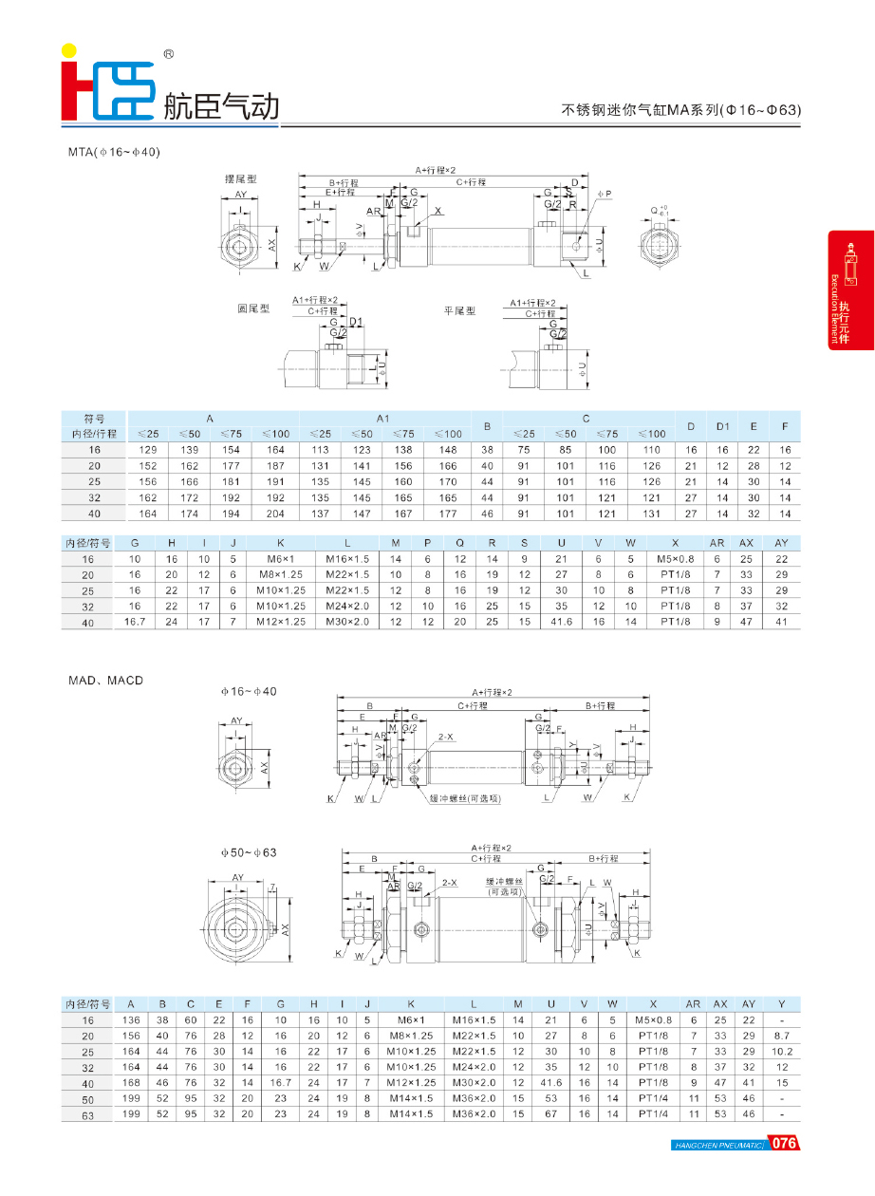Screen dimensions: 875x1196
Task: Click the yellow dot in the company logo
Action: (69, 51)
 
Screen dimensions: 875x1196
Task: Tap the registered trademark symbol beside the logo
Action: (169, 54)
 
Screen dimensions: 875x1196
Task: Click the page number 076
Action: (784, 1143)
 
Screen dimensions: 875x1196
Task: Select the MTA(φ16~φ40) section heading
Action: (114, 152)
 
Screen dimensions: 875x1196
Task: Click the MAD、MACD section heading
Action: (105, 681)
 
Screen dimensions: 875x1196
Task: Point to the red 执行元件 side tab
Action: (850, 290)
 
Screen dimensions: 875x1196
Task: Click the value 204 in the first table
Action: (275, 514)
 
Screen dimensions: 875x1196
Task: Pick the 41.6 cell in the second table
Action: (561, 622)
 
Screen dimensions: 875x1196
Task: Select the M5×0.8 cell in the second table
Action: (676, 559)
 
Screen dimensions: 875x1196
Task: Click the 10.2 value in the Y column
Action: (782, 1052)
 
